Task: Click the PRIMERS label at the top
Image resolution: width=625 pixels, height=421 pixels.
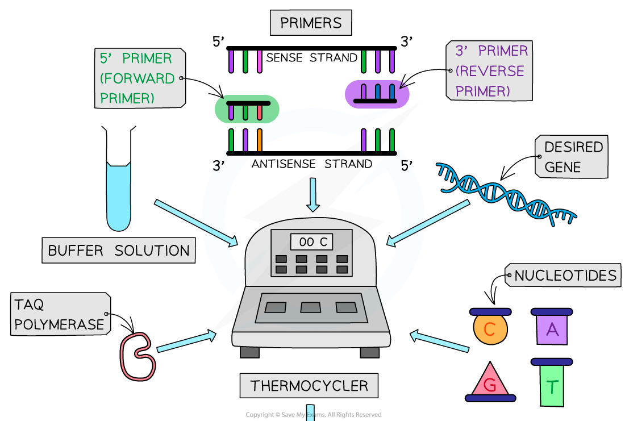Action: click(311, 23)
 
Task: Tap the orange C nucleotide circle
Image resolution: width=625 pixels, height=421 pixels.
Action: click(490, 329)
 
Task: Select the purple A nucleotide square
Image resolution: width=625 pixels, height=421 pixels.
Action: click(552, 329)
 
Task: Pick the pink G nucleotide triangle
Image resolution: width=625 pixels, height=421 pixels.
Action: click(490, 384)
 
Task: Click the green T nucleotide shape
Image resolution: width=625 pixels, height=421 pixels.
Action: click(552, 386)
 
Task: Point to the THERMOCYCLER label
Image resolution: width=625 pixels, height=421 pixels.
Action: click(309, 386)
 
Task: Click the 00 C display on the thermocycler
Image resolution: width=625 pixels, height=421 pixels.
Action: click(312, 242)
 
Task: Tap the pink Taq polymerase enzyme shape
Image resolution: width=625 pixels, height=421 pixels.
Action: click(136, 357)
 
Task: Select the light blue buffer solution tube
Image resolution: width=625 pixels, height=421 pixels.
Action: click(119, 196)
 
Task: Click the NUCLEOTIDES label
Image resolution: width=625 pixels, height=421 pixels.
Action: click(565, 276)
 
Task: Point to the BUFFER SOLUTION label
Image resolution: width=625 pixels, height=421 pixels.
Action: click(118, 251)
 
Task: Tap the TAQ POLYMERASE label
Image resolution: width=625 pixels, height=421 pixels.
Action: click(59, 314)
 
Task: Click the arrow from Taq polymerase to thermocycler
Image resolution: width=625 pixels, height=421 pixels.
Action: click(186, 342)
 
